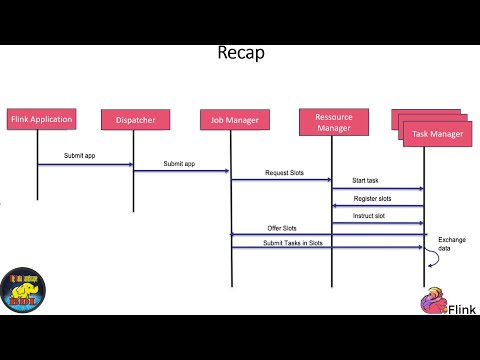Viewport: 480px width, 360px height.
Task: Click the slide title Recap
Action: tap(240, 52)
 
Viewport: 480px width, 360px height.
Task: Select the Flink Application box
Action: tap(41, 119)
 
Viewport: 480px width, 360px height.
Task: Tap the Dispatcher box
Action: tap(135, 119)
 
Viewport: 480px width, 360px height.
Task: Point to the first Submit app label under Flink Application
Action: tap(80, 157)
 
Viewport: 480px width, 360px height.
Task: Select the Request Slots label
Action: tap(284, 172)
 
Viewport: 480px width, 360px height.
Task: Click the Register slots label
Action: tap(372, 198)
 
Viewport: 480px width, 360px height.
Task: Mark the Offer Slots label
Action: tap(281, 228)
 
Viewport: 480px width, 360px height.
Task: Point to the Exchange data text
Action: tap(452, 244)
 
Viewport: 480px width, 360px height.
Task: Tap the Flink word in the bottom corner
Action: tap(461, 308)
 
